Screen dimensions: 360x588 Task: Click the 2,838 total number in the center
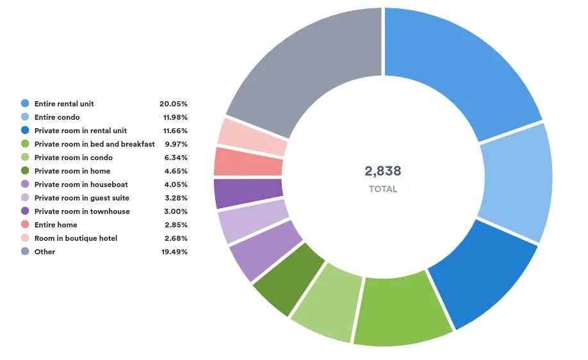coord(383,171)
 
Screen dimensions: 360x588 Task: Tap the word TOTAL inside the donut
coord(383,190)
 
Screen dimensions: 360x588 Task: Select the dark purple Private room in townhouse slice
coord(248,193)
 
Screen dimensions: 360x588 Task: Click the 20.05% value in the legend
coord(174,104)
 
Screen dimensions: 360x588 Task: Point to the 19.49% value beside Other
coord(174,252)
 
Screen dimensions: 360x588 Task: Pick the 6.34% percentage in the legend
coord(176,158)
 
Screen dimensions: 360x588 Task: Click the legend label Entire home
coord(56,225)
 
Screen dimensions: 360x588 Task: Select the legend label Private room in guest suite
coord(82,198)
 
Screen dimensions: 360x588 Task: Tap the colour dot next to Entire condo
coord(25,117)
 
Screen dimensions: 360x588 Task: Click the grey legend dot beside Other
coord(25,251)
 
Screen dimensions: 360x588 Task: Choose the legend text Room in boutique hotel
coord(76,238)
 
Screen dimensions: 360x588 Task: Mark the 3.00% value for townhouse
coord(176,211)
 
